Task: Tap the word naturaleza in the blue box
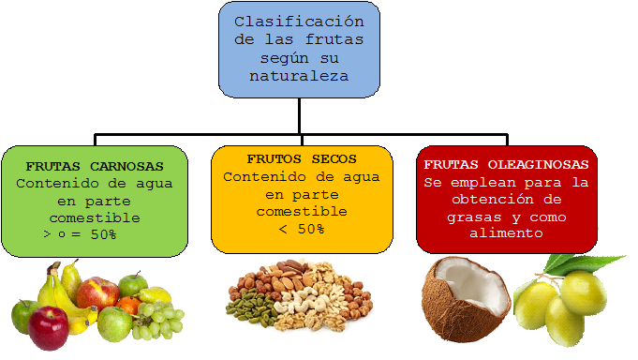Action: tap(299, 77)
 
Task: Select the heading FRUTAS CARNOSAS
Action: tap(95, 165)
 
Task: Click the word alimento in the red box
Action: tap(506, 233)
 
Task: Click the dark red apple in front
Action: tap(49, 327)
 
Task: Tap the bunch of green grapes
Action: tap(157, 322)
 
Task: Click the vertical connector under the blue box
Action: tap(300, 114)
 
